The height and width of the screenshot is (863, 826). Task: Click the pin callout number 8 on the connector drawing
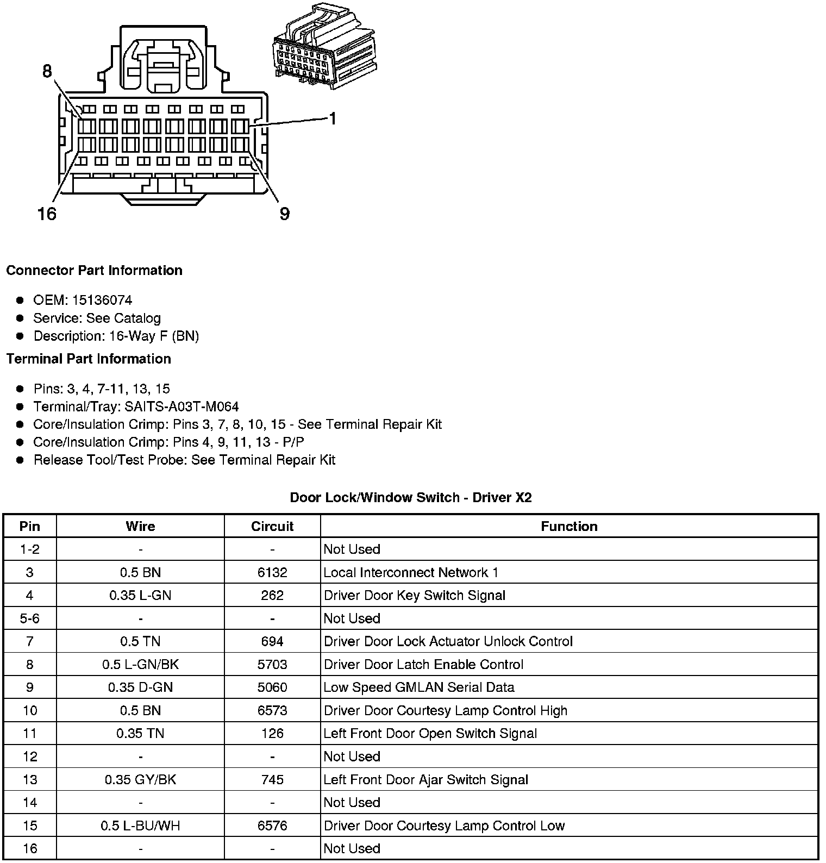click(47, 71)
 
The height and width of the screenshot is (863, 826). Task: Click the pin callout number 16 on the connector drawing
click(47, 214)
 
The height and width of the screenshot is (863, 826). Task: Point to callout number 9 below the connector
click(285, 214)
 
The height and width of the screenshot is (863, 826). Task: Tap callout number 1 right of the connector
click(333, 118)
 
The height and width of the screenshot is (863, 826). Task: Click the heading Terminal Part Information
click(89, 359)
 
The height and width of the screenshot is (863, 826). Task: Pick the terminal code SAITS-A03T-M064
click(182, 407)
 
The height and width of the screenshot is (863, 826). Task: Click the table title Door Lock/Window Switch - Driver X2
click(411, 497)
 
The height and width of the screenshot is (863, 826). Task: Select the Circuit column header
click(272, 526)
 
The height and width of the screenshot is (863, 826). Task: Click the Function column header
click(569, 526)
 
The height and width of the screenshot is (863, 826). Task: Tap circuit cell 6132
click(272, 572)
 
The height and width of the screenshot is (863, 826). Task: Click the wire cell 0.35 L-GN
click(140, 595)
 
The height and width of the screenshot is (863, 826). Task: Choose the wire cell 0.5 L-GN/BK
click(140, 664)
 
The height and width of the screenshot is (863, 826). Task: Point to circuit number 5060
click(272, 687)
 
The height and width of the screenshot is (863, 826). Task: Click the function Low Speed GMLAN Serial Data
click(419, 687)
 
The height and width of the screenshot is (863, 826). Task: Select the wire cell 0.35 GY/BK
click(140, 780)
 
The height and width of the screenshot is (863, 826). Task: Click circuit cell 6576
click(272, 826)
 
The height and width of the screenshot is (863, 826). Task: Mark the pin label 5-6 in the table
click(30, 618)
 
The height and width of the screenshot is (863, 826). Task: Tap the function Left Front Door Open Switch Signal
click(430, 734)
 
